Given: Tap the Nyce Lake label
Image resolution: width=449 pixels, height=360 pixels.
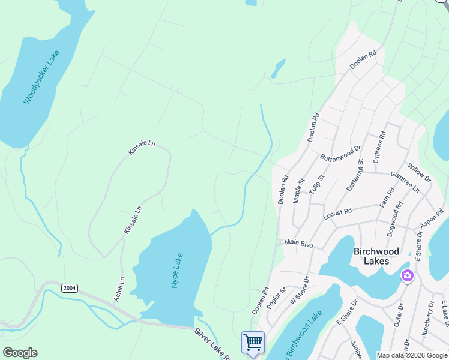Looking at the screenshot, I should tap(177, 270).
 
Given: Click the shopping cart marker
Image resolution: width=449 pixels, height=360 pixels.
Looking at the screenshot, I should tap(253, 343).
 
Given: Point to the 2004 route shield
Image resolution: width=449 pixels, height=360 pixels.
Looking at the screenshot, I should tap(70, 289).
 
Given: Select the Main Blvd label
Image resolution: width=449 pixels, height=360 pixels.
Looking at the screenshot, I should tap(299, 244).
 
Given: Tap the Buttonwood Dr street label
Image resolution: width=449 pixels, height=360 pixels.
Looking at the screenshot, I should tap(340, 153).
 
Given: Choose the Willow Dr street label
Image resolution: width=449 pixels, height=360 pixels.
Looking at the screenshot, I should tap(419, 172).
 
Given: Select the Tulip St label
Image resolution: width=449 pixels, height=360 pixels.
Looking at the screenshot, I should tap(316, 184).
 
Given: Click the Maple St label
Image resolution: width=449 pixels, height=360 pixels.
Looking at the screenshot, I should tap(298, 190).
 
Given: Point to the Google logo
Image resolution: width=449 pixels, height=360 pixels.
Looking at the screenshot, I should tap(20, 352).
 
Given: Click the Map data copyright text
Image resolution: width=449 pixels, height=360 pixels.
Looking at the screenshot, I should tap(412, 355).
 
